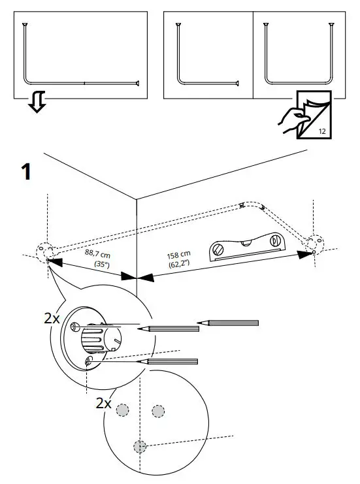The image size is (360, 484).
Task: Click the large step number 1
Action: pos(26,172)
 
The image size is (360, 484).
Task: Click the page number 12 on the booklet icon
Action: pos(321,131)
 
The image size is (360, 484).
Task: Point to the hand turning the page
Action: pos(289,118)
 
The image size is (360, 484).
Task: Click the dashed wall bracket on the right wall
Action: pos(314,243)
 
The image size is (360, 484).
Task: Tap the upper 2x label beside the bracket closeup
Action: pos(52,319)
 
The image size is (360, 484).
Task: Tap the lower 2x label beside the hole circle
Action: pos(103,404)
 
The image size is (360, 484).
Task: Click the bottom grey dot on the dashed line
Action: pos(139,447)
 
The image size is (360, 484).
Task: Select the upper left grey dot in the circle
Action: pos(123,410)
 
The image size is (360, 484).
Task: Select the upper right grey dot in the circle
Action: pos(157,410)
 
